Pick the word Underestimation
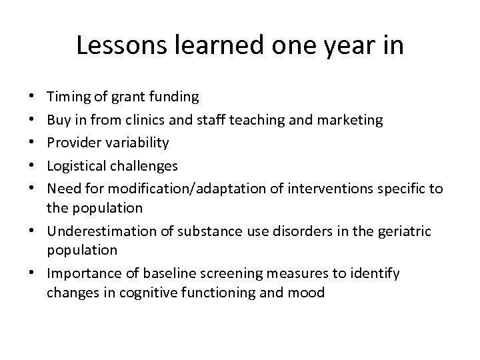click(x=95, y=231)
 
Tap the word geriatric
click(x=404, y=231)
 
